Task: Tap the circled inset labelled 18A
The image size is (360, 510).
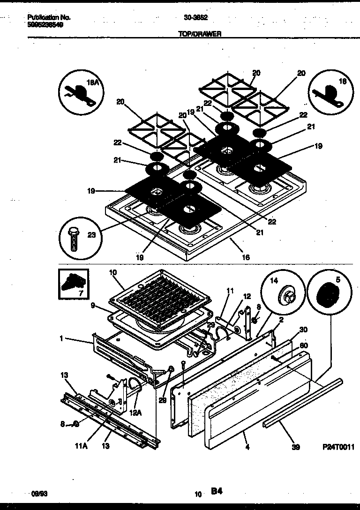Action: (x=79, y=90)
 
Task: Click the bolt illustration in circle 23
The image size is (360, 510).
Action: (x=74, y=239)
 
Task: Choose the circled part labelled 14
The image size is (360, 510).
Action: (x=283, y=296)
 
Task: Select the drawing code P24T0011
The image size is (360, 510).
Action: (x=338, y=448)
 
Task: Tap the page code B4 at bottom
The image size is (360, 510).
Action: (x=217, y=491)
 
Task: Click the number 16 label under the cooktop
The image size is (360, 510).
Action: (x=246, y=257)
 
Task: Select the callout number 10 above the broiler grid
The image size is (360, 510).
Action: (x=112, y=272)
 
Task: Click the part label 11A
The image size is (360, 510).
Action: (x=82, y=446)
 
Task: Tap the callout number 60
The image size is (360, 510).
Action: (x=303, y=345)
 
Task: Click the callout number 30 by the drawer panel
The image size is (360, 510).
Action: (x=303, y=329)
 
